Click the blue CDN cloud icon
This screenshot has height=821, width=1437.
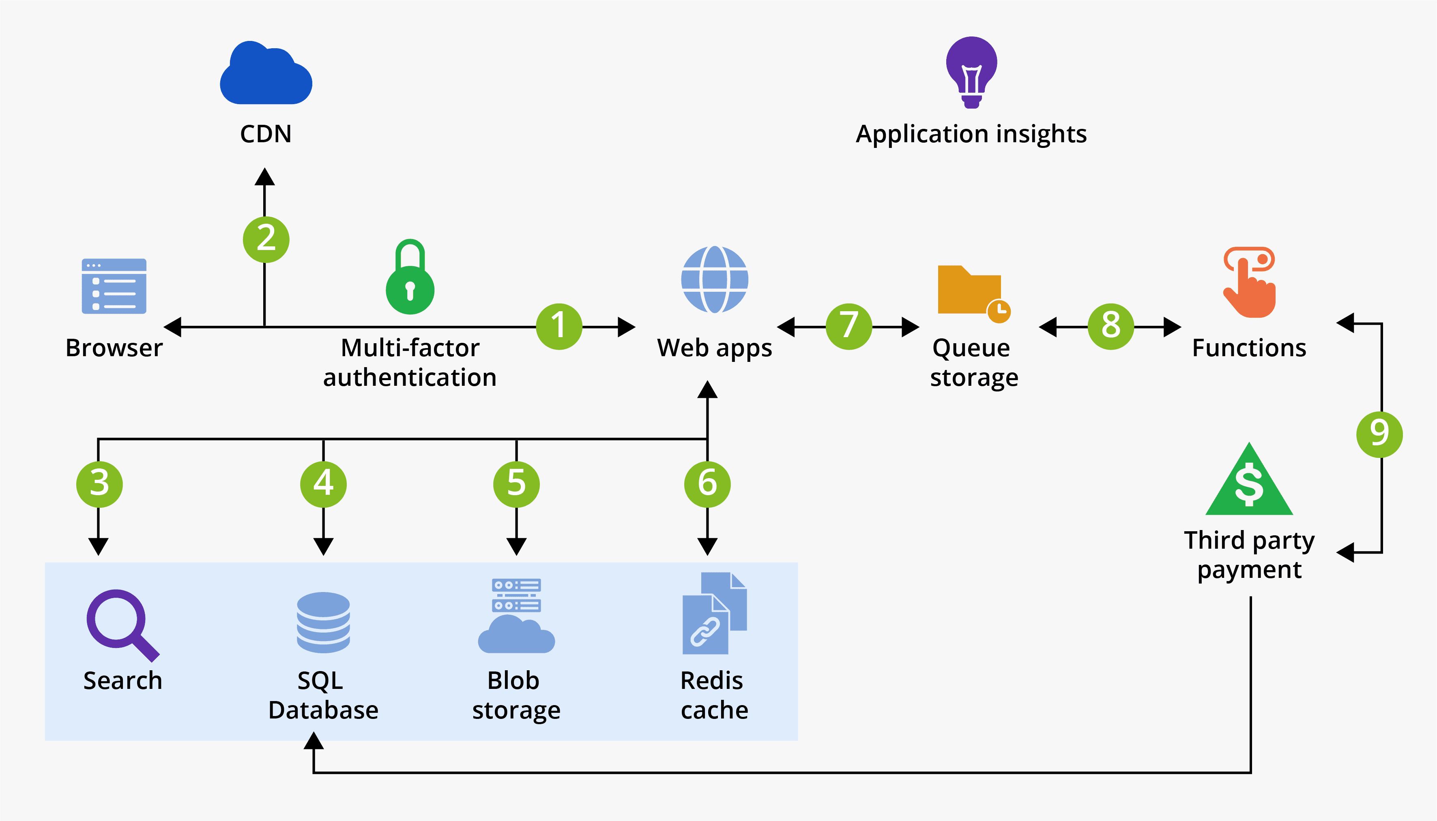pos(266,73)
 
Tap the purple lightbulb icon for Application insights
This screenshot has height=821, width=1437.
pos(971,71)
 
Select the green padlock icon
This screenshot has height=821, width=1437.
pos(410,279)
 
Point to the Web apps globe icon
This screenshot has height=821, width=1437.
pos(714,279)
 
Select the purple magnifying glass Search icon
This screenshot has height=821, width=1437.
pos(121,624)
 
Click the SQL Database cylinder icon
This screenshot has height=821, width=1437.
pos(323,622)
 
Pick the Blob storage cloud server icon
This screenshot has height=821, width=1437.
pos(516,616)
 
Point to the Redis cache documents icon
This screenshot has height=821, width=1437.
pos(714,614)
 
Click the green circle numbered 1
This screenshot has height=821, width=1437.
pos(558,327)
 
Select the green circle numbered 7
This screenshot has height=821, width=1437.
pos(848,327)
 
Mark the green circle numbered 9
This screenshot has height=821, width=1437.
pos(1379,434)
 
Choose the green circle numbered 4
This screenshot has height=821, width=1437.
pos(323,484)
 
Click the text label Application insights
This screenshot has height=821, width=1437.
pos(971,134)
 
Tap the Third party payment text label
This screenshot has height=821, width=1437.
pos(1249,555)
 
